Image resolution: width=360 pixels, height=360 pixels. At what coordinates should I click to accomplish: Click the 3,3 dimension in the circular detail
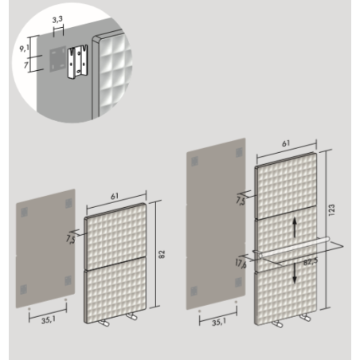coord(57,19)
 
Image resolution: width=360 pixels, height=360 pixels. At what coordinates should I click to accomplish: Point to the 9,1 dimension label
coord(24,49)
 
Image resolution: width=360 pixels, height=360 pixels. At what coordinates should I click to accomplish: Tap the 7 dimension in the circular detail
coord(25,65)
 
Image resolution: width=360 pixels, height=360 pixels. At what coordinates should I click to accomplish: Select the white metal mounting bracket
coord(77,61)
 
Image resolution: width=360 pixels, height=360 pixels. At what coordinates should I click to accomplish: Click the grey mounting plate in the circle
coord(58,59)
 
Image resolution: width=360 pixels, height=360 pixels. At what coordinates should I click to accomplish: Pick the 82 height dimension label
coord(162,254)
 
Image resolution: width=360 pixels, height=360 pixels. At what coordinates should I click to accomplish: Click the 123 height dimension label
coord(331,209)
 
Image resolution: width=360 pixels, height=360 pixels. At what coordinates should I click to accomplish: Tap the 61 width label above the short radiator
coord(115,197)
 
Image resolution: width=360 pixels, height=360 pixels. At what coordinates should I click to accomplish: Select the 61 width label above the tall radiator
coord(286,143)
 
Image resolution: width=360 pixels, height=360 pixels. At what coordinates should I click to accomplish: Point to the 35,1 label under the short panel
coord(49,320)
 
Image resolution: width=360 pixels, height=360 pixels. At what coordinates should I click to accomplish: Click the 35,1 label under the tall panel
coord(219,322)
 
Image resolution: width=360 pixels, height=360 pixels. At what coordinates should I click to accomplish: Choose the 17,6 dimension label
coord(241,264)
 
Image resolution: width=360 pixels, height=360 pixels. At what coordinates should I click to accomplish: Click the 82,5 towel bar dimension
coord(311,262)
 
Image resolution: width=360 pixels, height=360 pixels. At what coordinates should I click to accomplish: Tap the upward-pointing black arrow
coord(295,228)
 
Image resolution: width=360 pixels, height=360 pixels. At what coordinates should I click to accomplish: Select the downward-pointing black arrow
coord(295,273)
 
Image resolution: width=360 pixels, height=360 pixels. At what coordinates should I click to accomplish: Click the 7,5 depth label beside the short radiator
coord(71,239)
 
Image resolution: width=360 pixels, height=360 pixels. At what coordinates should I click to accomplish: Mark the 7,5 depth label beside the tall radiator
coord(241,201)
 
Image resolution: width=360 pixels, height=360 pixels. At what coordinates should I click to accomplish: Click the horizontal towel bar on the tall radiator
coord(294,248)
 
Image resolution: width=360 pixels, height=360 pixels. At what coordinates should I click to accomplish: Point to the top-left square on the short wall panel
coord(24,212)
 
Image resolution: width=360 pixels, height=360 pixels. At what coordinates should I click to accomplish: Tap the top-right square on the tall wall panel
coord(239,152)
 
